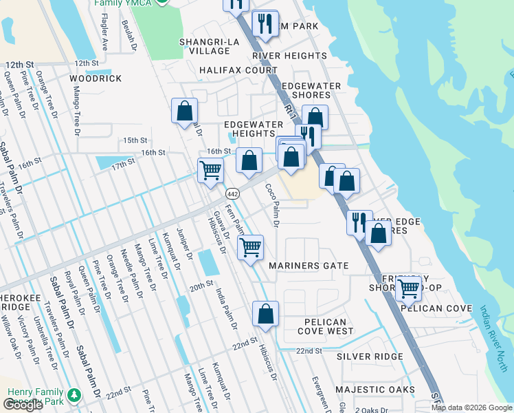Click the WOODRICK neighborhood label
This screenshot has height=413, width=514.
click(96, 78)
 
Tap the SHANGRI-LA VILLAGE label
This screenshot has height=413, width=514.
click(205, 46)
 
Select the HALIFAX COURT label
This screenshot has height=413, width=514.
click(238, 70)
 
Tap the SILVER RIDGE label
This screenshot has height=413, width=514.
click(370, 357)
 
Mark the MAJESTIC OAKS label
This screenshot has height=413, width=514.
click(375, 390)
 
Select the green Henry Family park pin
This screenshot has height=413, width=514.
click(74, 395)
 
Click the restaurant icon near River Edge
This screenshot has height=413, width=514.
click(359, 222)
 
